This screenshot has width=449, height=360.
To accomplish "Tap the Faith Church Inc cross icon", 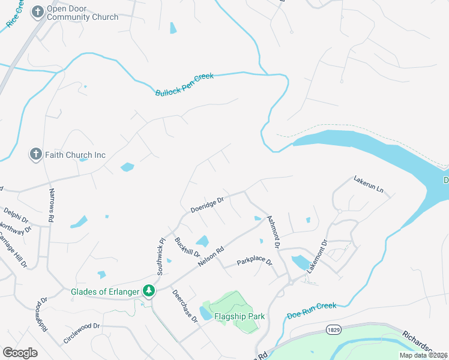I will point(35,155).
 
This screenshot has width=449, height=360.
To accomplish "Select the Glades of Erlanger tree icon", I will point(149,292).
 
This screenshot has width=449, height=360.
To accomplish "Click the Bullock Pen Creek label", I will point(184,85).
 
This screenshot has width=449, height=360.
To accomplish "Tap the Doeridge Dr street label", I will point(207,204).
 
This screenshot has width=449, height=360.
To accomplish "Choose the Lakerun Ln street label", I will point(368,183).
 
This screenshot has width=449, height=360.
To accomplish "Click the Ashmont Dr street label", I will point(273,232).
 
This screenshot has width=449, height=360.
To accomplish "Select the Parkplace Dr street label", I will point(254,262).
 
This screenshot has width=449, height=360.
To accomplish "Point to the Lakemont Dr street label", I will point(316,257).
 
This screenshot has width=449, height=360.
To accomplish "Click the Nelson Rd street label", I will point(212,257).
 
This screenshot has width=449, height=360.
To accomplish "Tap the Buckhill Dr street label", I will point(184,248).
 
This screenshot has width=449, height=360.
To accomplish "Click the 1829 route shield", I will point(334,330).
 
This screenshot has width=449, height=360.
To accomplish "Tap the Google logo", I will point(20,353).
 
